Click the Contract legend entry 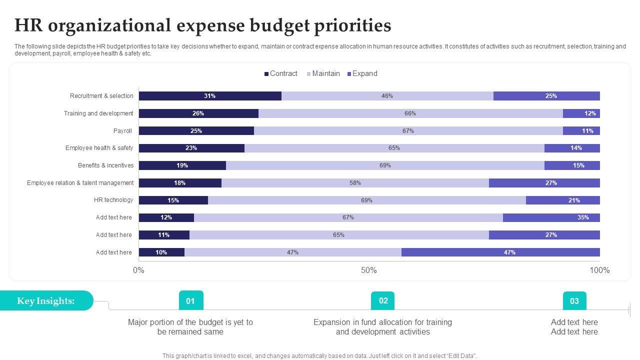pos(281,73)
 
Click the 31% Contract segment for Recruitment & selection pos(210,96)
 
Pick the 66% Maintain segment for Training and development pos(410,113)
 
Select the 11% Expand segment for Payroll pos(581,131)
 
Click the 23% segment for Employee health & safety pos(191,148)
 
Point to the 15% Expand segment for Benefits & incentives pos(572,165)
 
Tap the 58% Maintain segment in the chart pos(355,183)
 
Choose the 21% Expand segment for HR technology pos(563,200)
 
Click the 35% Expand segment pos(551,217)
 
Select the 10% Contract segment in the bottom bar pos(161,252)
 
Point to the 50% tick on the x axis pos(369,270)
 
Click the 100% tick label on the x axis pos(599,270)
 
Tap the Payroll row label pos(122,131)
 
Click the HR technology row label pos(113,200)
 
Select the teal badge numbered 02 pos(383,300)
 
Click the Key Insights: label pos(46,300)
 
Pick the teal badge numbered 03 pos(574,301)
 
